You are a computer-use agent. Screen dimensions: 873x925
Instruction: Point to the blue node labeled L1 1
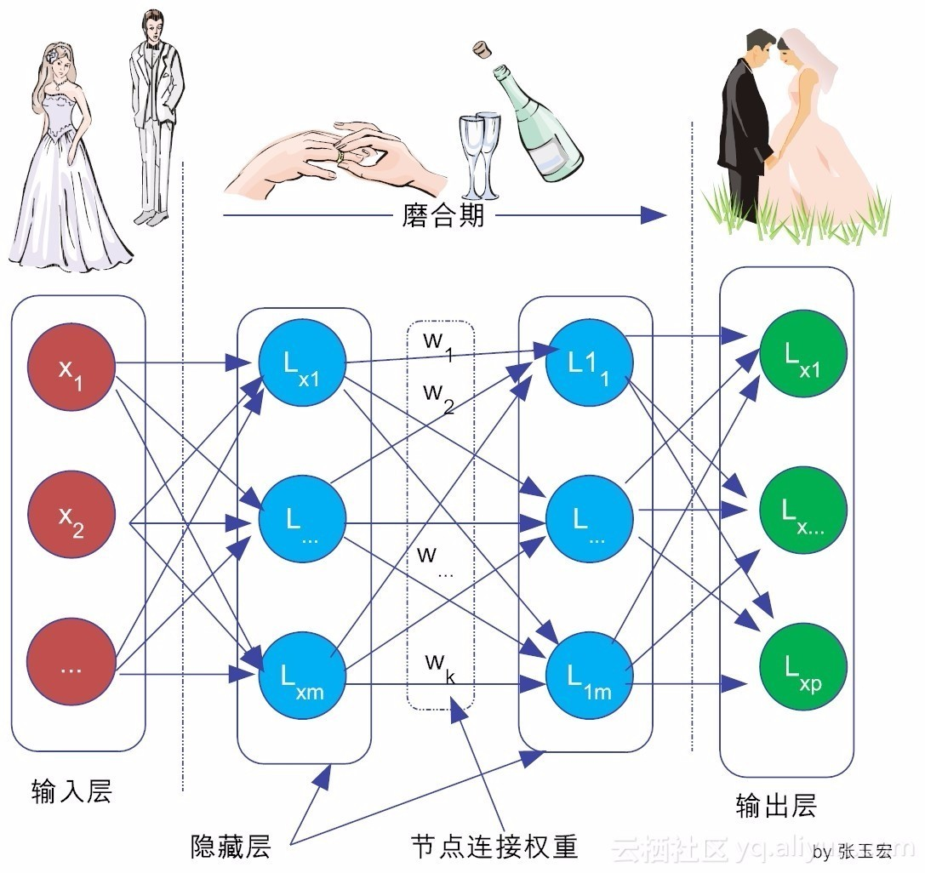(x=589, y=364)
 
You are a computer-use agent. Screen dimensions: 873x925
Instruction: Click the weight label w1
(x=437, y=345)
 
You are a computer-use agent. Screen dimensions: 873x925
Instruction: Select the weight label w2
(x=437, y=397)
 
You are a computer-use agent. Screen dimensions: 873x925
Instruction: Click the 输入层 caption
(x=71, y=792)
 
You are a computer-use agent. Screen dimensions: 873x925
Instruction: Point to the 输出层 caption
(x=776, y=806)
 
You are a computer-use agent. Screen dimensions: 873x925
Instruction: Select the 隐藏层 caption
(x=231, y=847)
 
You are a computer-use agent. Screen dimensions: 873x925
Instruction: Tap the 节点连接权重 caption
(x=494, y=846)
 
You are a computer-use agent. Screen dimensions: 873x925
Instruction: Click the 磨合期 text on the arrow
(x=443, y=215)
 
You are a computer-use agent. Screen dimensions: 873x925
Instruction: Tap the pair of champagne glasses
(x=479, y=153)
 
